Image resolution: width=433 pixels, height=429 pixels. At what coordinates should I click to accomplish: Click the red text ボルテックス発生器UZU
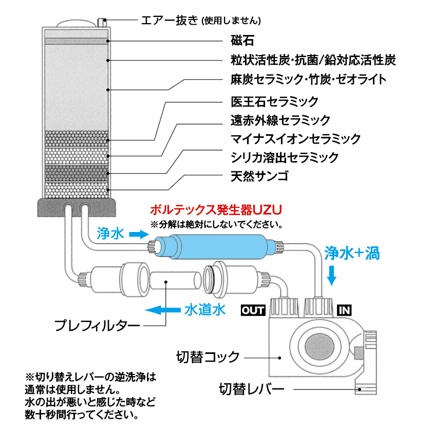point(216,210)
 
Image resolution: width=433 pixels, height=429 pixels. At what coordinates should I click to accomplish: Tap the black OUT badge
point(253,310)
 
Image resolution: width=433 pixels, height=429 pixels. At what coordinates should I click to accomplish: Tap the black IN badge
point(344,310)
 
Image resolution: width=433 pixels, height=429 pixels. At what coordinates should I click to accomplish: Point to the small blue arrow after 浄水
point(137,235)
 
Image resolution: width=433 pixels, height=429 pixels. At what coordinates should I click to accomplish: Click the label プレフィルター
point(97,326)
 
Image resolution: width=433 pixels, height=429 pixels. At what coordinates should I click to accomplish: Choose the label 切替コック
point(208,356)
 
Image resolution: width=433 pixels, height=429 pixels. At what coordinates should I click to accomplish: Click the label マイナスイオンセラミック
point(295,139)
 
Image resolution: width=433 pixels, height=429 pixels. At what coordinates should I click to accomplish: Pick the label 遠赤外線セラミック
point(280,120)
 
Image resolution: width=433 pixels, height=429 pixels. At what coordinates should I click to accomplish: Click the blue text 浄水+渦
point(352,253)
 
